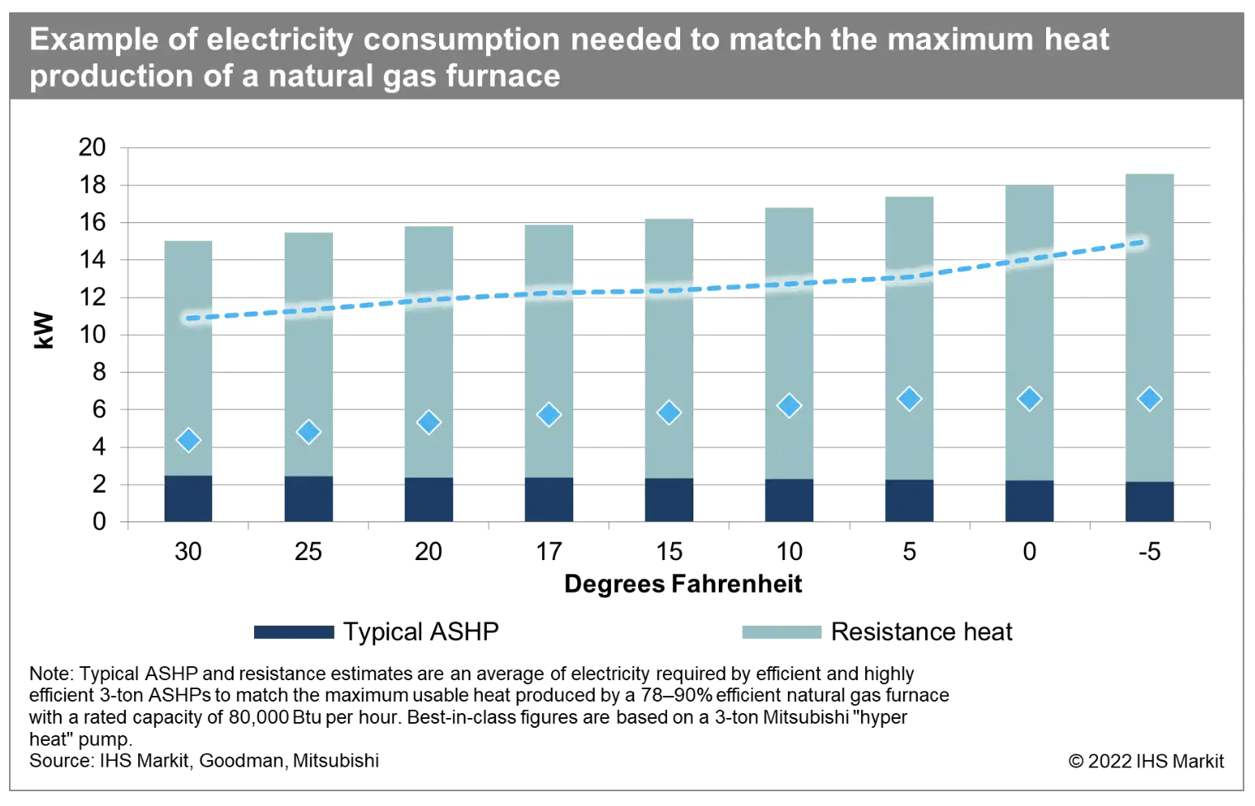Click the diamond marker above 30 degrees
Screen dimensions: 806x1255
coord(188,440)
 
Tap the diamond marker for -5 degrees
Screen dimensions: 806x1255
coord(1149,399)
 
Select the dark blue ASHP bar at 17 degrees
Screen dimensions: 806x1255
coord(549,499)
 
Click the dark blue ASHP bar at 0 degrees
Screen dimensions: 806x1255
coord(1029,501)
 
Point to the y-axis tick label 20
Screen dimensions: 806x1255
coord(92,148)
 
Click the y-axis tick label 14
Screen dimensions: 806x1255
coord(92,260)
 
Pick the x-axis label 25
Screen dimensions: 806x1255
coord(308,552)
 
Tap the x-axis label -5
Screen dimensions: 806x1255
coord(1149,552)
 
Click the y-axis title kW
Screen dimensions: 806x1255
coord(44,331)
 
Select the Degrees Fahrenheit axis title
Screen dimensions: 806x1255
coord(683,584)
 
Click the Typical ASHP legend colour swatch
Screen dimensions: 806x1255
coord(294,632)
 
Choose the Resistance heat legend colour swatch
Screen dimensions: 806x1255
coord(781,632)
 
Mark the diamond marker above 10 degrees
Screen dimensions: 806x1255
coord(789,405)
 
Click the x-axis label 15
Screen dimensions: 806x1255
coord(669,552)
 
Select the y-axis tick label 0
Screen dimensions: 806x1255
coord(100,521)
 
